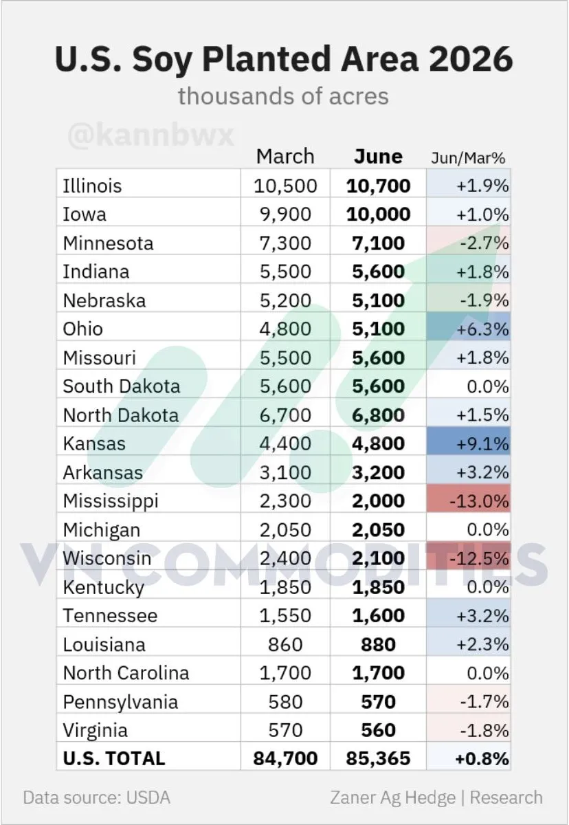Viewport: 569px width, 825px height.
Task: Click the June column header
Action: coord(378,157)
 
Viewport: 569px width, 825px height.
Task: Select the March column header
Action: coord(285,157)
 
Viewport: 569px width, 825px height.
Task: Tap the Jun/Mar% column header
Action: coord(468,158)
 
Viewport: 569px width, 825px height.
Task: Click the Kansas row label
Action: coord(94,443)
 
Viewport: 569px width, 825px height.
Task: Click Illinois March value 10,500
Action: coord(285,186)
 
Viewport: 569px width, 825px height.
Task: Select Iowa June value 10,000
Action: coord(379,214)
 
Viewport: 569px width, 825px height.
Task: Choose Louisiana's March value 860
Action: coord(285,645)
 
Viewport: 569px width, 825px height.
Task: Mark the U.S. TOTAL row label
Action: coord(114,758)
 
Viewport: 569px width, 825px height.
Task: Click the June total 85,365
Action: coord(379,758)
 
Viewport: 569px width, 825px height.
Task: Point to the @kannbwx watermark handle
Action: coord(151,135)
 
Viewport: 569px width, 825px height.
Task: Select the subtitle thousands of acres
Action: coord(283,96)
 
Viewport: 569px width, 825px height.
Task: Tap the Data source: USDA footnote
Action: coord(97,797)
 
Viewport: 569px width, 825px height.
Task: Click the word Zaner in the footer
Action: coord(354,797)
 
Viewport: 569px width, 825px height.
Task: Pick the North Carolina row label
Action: coord(126,673)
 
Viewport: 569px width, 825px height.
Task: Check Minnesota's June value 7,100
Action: coord(379,243)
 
